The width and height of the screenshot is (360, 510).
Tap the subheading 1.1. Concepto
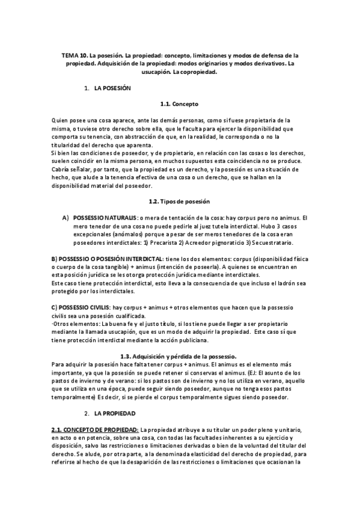point(179,104)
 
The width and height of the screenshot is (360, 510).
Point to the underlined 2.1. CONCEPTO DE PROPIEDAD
point(94,430)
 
